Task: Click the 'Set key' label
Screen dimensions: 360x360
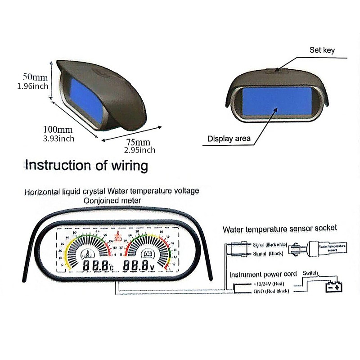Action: coord(322,50)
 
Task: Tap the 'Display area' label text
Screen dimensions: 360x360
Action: coord(229,139)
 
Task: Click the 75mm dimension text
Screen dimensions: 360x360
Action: coord(138,142)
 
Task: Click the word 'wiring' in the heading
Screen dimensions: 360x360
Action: coord(128,166)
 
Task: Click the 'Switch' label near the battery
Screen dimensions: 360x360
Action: coord(311,273)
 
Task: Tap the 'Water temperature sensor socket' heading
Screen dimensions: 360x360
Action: coord(280,229)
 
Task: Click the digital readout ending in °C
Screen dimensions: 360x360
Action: coord(98,265)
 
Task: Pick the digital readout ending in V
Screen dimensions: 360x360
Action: coord(141,265)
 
